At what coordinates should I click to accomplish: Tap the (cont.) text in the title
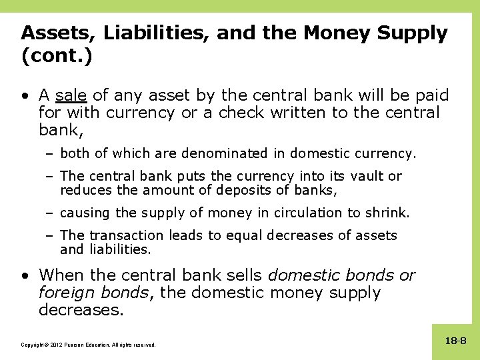(56, 56)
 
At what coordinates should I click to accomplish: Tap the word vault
(366, 176)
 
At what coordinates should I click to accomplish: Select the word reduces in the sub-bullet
(84, 191)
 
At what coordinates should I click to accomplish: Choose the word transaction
(126, 235)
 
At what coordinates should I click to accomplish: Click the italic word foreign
(64, 293)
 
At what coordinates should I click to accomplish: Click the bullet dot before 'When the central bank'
(25, 275)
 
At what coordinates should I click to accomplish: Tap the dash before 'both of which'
(51, 153)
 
